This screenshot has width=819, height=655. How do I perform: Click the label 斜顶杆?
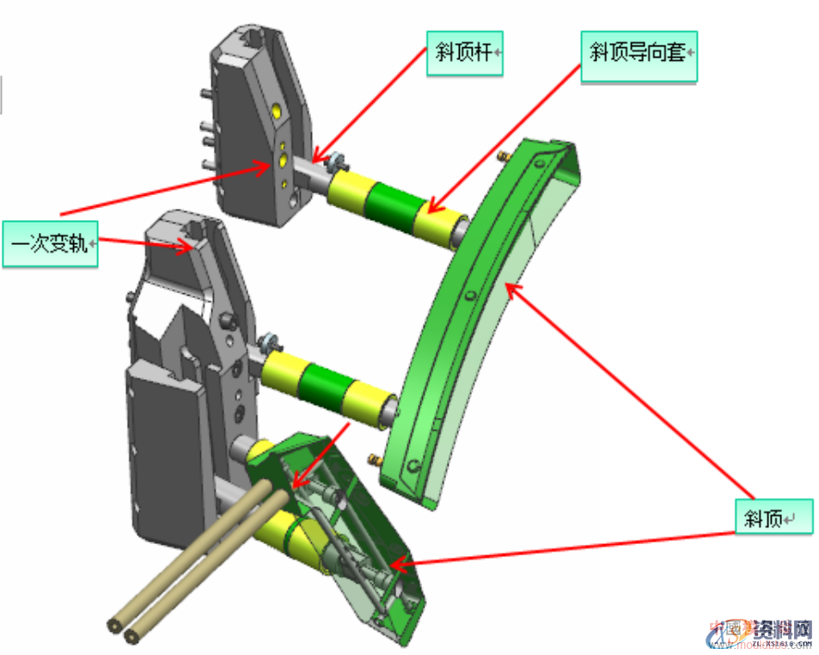coord(464,53)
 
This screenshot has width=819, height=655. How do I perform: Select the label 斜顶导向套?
coord(638,53)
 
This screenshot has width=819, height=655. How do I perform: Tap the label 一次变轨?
coord(50,243)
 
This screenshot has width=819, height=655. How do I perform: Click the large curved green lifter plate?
coord(481,327)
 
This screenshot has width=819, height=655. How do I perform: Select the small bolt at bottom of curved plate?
coord(376,457)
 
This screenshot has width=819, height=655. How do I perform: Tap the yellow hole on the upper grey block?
coord(275,110)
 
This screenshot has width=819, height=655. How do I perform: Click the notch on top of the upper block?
coord(254,38)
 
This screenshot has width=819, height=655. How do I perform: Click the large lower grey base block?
coord(172,447)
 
